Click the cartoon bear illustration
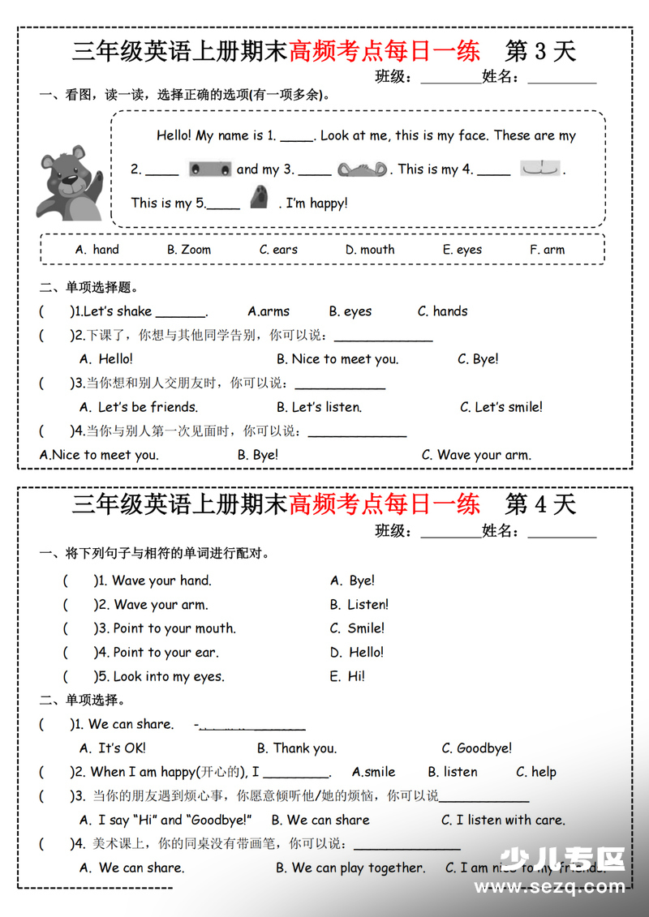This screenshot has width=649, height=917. click(x=70, y=183)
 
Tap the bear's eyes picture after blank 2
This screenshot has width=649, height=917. click(x=209, y=169)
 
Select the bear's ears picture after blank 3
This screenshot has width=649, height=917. click(x=363, y=169)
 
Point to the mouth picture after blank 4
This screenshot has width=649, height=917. click(x=539, y=169)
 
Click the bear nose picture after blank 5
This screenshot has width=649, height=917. click(x=259, y=198)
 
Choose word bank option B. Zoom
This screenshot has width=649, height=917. click(x=189, y=250)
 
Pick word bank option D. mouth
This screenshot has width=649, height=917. click(x=370, y=250)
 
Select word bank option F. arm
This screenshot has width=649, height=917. click(x=547, y=250)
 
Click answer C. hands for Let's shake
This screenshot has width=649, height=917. click(x=442, y=311)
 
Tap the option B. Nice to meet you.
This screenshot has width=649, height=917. click(x=337, y=359)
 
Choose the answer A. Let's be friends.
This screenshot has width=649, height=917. click(x=139, y=407)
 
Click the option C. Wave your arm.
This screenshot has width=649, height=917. click(x=476, y=455)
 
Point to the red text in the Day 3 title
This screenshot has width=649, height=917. click(x=385, y=51)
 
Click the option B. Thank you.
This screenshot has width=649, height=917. click(x=297, y=748)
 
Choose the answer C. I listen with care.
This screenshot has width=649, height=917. click(x=503, y=821)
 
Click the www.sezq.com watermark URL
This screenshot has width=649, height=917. click(x=550, y=888)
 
